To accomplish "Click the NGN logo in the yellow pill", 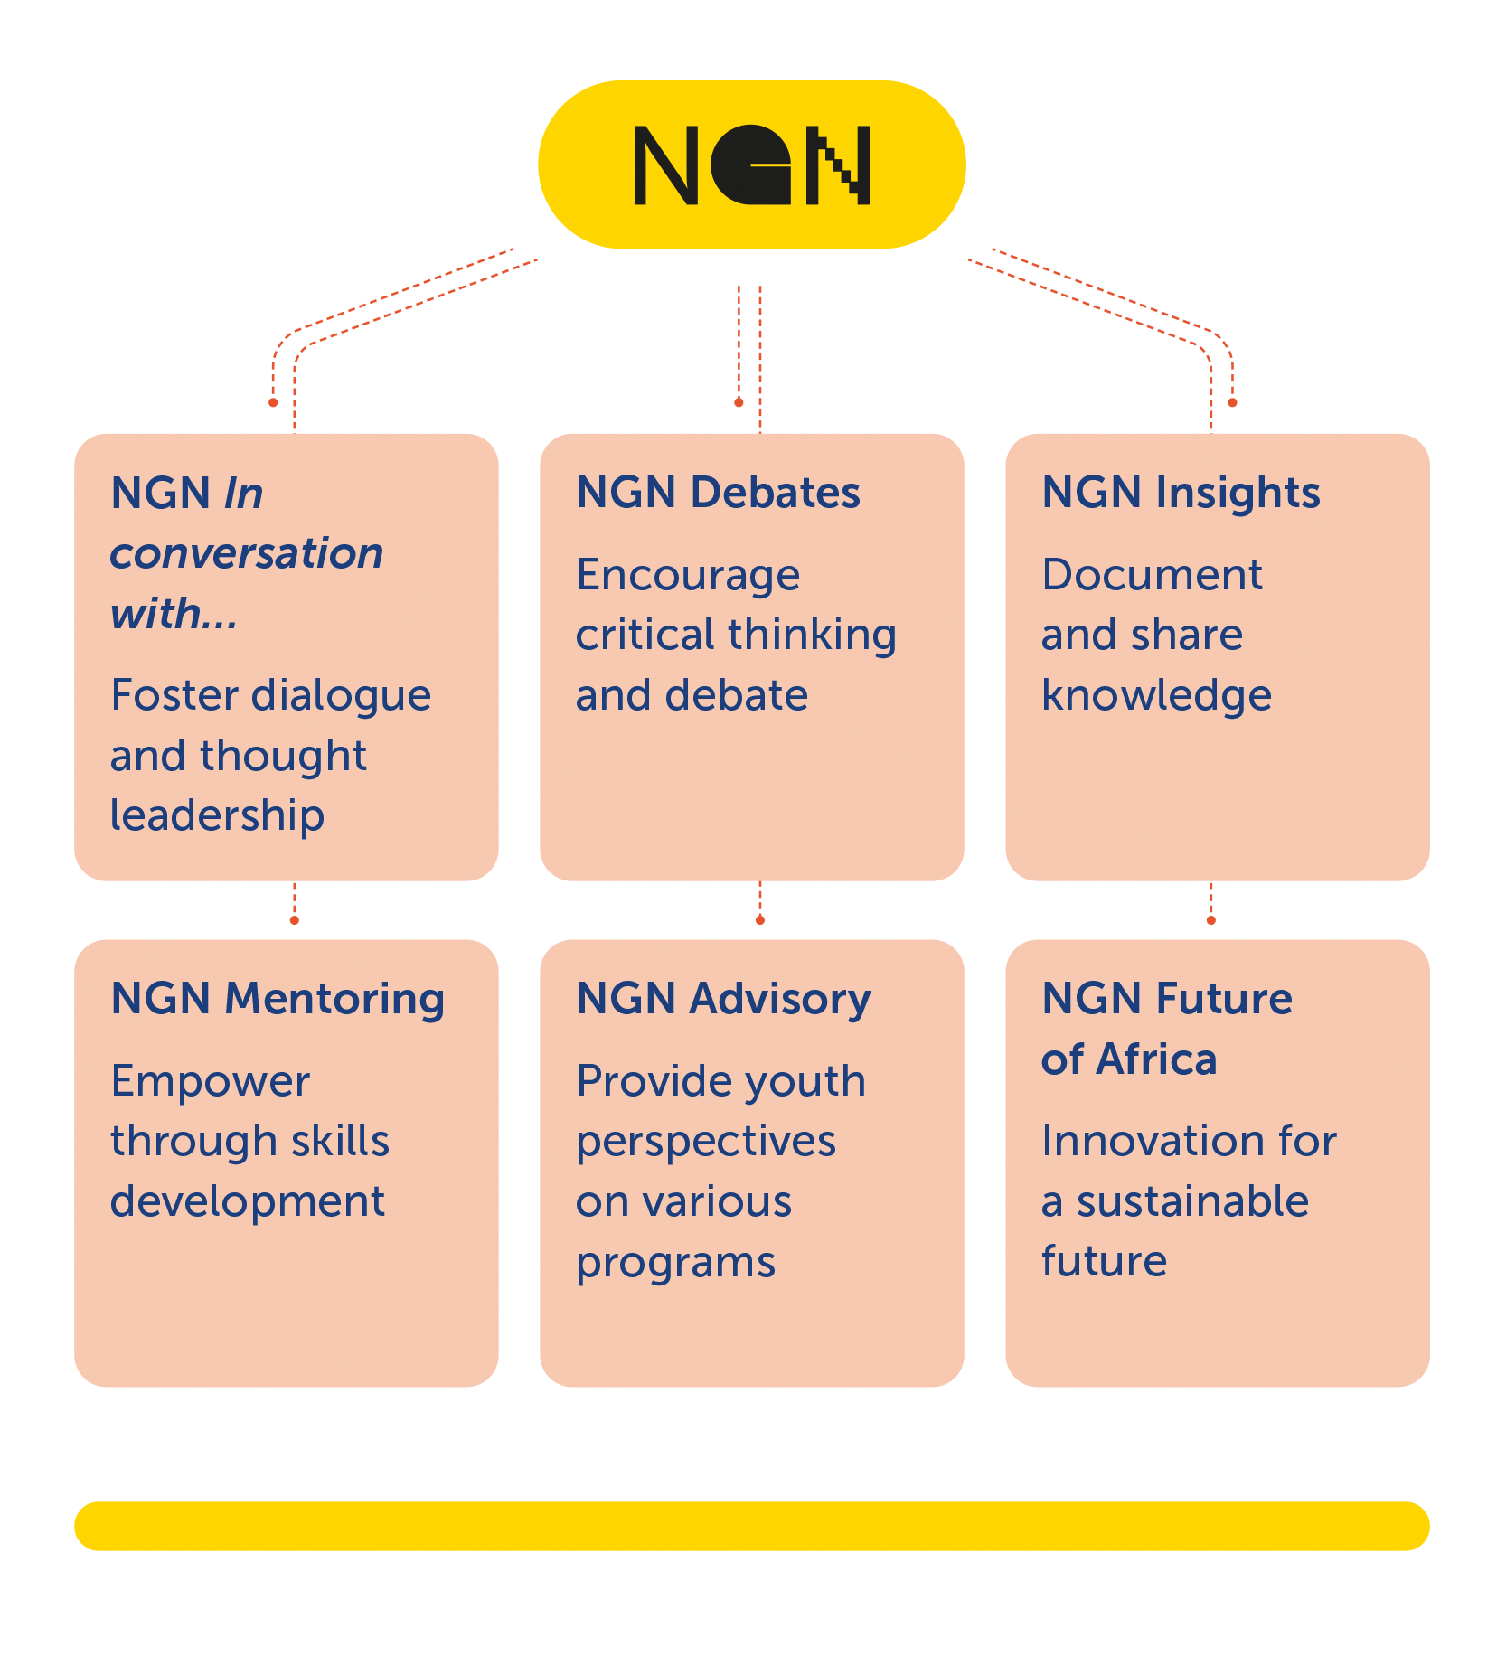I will coord(752,165).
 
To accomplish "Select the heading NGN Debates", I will coord(718,493).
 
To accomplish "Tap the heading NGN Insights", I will coord(1181,493).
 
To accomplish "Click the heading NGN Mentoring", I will coord(277,999).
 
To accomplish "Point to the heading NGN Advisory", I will coord(723,999).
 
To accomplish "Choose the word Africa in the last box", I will coord(1156,1059).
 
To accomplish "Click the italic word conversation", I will coord(246,553).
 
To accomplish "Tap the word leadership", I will coord(217,815).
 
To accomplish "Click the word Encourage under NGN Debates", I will coord(688,575).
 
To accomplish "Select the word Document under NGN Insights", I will coord(1152,575).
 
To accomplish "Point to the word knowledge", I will coord(1156,695).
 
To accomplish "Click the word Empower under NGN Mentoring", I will coord(210,1081).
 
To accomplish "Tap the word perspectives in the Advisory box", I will coord(706,1142).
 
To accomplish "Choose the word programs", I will coord(675,1262).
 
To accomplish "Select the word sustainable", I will coord(1192,1201).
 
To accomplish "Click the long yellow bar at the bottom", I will coord(752,1526).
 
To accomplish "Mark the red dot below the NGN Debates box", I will coord(760,920).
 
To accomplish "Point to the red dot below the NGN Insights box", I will coord(1211,920).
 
